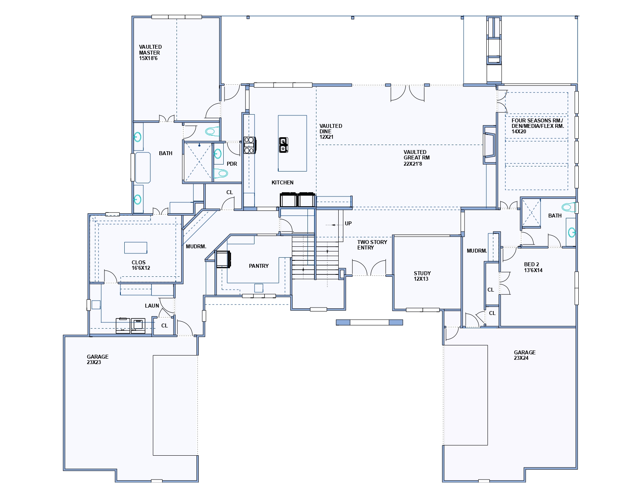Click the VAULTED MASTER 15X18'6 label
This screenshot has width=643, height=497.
pos(150,52)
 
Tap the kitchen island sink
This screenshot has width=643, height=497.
pos(283,145)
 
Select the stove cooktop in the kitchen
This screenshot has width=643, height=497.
pos(250,145)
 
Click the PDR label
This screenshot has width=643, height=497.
pos(232,164)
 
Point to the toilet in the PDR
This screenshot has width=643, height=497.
pos(220,173)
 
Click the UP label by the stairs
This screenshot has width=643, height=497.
pos(348,223)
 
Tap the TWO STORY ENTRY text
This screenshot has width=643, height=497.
pos(372,245)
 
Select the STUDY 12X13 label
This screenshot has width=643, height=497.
pos(422,276)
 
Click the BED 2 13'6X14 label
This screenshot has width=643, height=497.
pos(533,267)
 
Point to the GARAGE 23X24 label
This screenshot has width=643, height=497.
pos(525,355)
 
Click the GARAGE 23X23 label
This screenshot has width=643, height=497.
pos(97,359)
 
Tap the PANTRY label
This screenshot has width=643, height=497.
pos(259,266)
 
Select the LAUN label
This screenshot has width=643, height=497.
pos(152,306)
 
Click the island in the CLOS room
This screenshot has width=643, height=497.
pos(136,248)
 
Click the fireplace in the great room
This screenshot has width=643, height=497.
pos(489,145)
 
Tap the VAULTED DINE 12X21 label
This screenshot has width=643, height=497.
pos(330,131)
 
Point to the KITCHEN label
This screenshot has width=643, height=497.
pos(282,183)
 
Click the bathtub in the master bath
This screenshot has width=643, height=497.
pos(143,168)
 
